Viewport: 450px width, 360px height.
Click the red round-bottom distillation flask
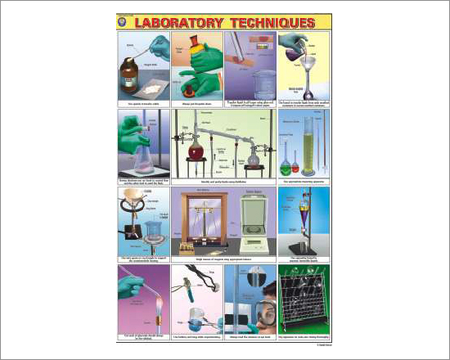coord(196,150)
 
